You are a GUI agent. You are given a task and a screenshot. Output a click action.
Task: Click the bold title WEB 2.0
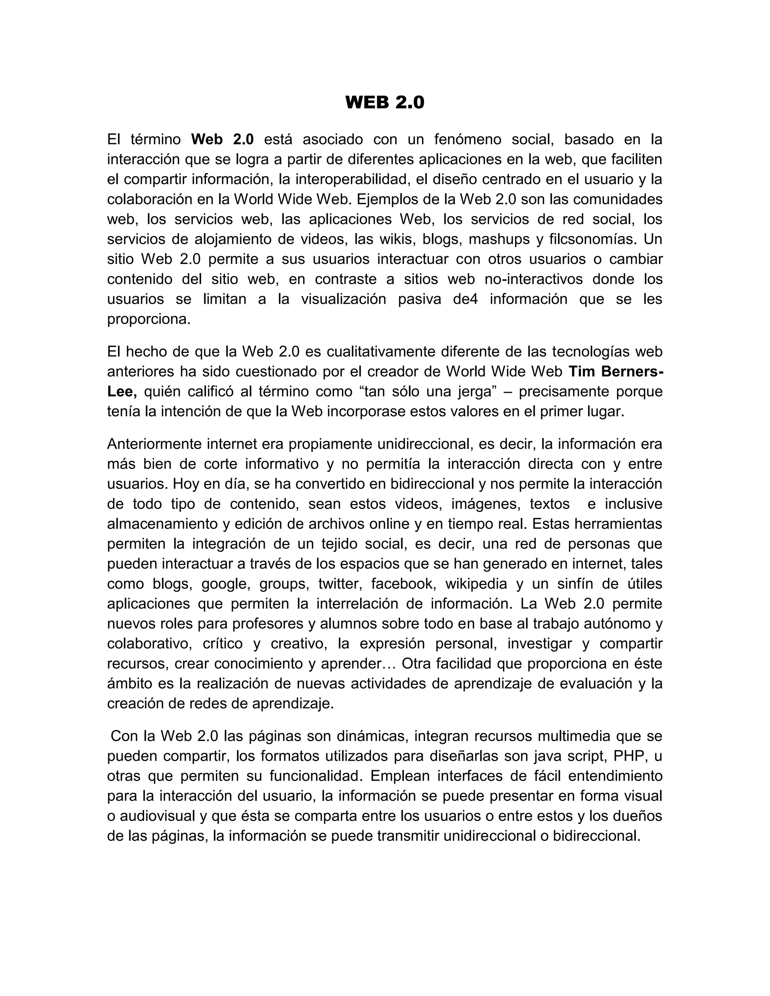[x=385, y=102]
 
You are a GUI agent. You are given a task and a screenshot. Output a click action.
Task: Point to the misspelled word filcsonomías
[x=588, y=239]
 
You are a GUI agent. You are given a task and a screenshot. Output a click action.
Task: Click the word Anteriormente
[x=155, y=444]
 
